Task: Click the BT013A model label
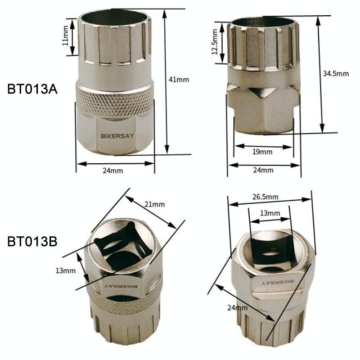(32, 89)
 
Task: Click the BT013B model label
(32, 241)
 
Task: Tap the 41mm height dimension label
(179, 80)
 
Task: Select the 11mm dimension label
(65, 36)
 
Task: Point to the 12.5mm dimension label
(215, 42)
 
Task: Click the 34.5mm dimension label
(336, 74)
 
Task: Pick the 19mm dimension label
(262, 152)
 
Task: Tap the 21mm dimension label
(154, 204)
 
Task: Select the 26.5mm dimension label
(265, 197)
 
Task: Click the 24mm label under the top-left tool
(113, 171)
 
